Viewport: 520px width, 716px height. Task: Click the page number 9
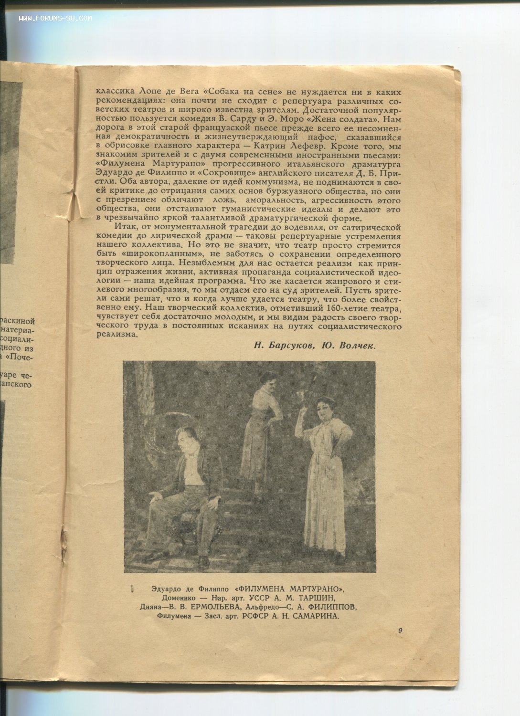pyautogui.click(x=400, y=631)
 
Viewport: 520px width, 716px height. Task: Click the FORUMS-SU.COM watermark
pyautogui.click(x=55, y=19)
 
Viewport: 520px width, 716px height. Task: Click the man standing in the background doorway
pyautogui.click(x=319, y=375)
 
